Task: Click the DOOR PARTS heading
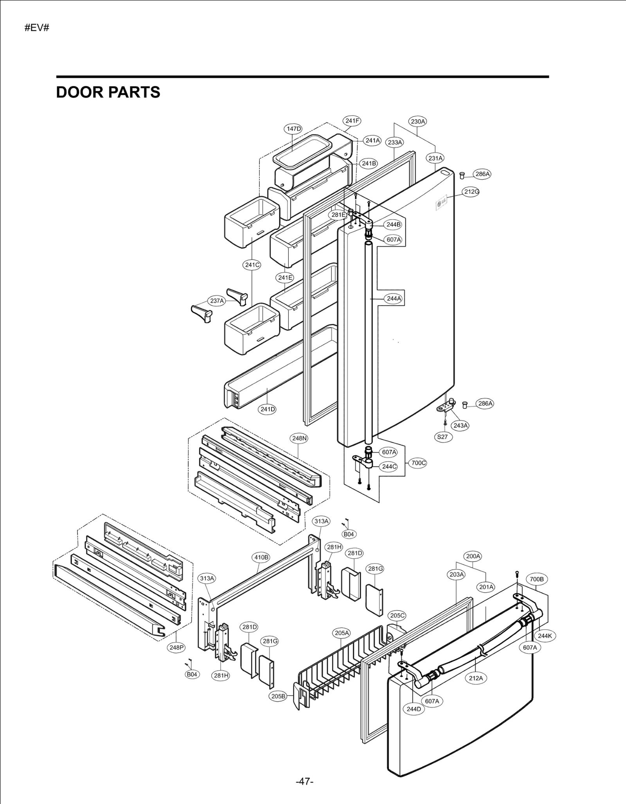tap(108, 92)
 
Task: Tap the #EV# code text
tap(37, 28)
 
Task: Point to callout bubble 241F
tap(352, 121)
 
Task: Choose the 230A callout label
tap(418, 121)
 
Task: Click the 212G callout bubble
tap(471, 192)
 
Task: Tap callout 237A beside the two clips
tap(217, 301)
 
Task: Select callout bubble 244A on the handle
tap(394, 299)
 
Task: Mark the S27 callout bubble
tap(443, 437)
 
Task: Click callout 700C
tap(418, 463)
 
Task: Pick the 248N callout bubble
tap(299, 438)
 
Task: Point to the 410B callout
tap(261, 557)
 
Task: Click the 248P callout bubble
tap(176, 648)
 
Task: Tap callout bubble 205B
tap(278, 696)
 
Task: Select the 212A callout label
tap(476, 678)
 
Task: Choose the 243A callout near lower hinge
tap(460, 425)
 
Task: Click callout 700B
tap(537, 579)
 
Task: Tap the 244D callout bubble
tap(414, 709)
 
